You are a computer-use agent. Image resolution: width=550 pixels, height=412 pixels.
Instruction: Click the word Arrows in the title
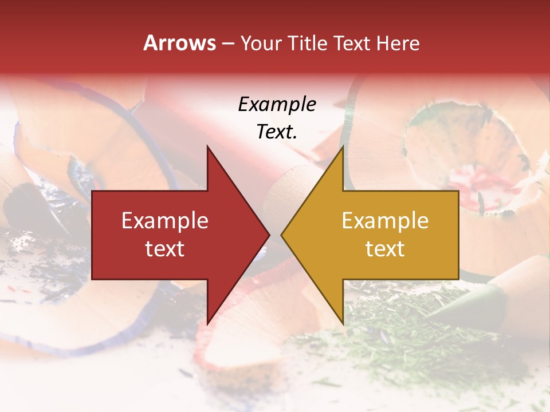click(x=179, y=43)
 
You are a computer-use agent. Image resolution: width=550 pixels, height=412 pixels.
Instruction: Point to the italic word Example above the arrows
click(x=277, y=104)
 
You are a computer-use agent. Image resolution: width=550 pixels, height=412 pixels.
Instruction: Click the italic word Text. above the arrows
click(x=277, y=132)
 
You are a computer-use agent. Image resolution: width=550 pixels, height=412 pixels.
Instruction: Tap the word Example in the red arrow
click(x=165, y=221)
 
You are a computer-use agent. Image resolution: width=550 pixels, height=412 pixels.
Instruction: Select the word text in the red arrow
click(x=165, y=248)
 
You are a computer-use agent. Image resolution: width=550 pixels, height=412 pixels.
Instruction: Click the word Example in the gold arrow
click(x=385, y=221)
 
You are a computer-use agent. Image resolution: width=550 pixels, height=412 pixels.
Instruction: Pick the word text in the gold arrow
click(x=385, y=248)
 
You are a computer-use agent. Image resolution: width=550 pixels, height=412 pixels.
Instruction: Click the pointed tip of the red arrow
click(x=269, y=235)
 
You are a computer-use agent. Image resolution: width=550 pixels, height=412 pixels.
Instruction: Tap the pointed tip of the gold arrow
click(x=281, y=235)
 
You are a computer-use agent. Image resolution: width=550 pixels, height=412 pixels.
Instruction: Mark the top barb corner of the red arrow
click(x=207, y=146)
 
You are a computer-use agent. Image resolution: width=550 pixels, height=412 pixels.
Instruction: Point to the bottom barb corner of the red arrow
click(x=207, y=324)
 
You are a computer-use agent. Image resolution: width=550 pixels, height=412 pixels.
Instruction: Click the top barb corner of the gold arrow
click(x=343, y=146)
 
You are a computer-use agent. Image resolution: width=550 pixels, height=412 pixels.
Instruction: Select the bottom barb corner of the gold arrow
click(x=343, y=324)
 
